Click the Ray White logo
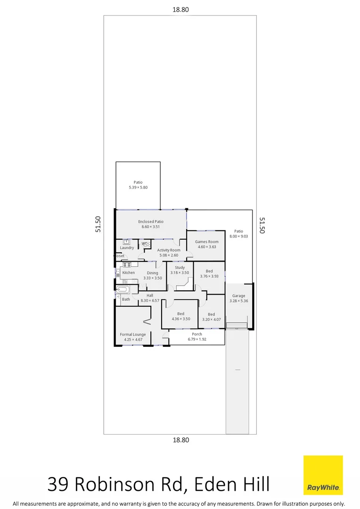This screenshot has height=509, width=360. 323,475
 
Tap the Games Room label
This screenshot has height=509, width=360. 207,242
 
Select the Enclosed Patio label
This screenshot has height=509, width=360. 151,221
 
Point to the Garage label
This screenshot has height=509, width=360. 238,296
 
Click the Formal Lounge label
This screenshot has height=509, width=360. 133,334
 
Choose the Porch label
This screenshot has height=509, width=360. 197,334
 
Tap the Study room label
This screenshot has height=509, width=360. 180,267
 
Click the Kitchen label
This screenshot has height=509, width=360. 128,273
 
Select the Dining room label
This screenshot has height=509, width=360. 153,273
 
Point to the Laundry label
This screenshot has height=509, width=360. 127,247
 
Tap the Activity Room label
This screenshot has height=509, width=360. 169,250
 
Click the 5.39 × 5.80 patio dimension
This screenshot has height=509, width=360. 138,188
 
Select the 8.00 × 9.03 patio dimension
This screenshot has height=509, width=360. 239,237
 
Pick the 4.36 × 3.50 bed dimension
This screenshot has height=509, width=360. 180,319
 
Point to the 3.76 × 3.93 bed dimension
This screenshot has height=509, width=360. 209,277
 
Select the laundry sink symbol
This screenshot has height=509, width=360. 126,242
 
